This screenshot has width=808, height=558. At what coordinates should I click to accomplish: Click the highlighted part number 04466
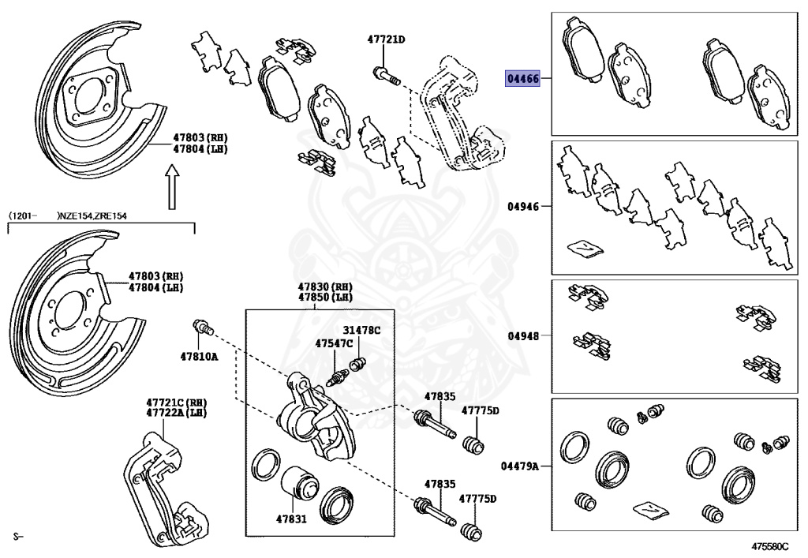[x=523, y=79]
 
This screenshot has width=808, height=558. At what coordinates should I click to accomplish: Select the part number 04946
[x=523, y=207]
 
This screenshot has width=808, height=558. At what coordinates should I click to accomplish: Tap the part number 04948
[x=523, y=335]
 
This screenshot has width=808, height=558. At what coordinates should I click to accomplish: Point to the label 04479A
[x=520, y=466]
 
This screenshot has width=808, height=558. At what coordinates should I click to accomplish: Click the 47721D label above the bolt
[x=386, y=39]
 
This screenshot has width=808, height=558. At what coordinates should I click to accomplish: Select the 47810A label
[x=200, y=357]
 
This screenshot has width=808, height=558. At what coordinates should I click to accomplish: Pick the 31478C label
[x=361, y=330]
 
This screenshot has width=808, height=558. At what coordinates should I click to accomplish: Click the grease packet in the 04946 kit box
[x=585, y=248]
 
